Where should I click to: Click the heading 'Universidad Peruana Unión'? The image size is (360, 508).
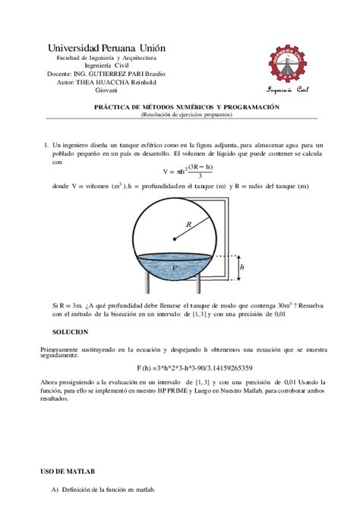click(107, 48)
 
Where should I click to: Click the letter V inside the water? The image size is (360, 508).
click(176, 268)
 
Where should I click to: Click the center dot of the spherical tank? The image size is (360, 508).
click(175, 240)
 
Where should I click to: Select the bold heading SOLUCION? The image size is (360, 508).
click(70, 333)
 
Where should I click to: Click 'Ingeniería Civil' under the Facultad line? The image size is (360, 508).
click(107, 65)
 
